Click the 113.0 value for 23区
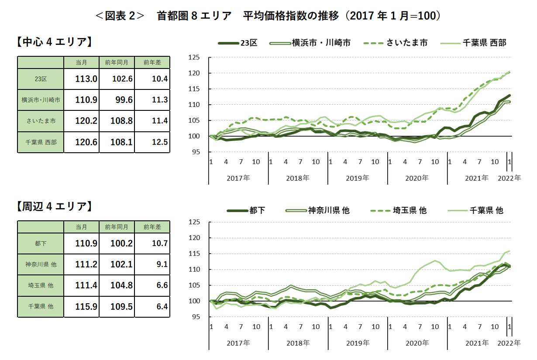pyautogui.click(x=86, y=79)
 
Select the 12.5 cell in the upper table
pyautogui.click(x=160, y=142)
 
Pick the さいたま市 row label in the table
pyautogui.click(x=41, y=121)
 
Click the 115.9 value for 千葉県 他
pyautogui.click(x=86, y=306)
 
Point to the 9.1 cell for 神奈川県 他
pyautogui.click(x=160, y=264)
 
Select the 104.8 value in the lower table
pyautogui.click(x=121, y=285)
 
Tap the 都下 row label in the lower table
pyautogui.click(x=41, y=243)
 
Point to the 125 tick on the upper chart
pyautogui.click(x=194, y=58)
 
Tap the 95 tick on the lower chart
pyautogui.click(x=196, y=317)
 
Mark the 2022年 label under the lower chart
pyautogui.click(x=509, y=343)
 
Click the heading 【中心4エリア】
pyautogui.click(x=54, y=42)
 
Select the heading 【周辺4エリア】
pyautogui.click(x=54, y=206)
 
